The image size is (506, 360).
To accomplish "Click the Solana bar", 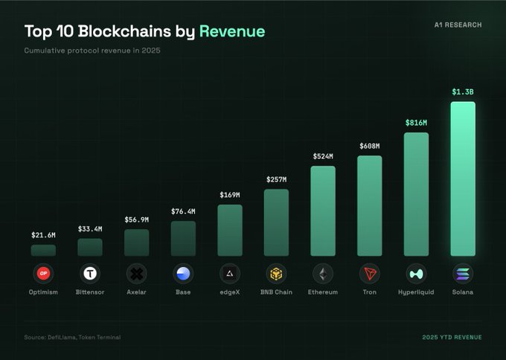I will pos(463,179).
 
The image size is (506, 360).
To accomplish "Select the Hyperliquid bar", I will pos(416,194).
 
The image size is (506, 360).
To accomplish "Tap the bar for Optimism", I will pos(43,250).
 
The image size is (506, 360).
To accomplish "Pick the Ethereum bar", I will pos(323,210).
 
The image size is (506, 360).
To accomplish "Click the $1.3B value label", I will pos(463,92).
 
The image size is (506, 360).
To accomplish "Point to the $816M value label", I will pos(416,123).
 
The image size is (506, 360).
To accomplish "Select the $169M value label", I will pos(230,195).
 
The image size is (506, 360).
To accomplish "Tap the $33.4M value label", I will pos(90,229).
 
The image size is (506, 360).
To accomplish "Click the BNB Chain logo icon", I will pos(276,274).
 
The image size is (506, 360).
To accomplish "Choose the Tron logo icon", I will pos(369,274).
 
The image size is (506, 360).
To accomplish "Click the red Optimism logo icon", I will pos(43,274).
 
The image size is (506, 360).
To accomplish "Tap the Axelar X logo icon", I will pos(136,274).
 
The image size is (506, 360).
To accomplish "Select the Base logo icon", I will pos(183,274).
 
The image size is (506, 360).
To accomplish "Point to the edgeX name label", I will pos(230,292).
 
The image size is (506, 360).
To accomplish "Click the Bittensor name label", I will pos(90,292).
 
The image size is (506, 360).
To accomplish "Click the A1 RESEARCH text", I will pos(458,25).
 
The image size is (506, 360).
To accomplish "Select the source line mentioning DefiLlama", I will pos(73,337).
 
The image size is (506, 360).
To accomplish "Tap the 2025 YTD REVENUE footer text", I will pos(452,337).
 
